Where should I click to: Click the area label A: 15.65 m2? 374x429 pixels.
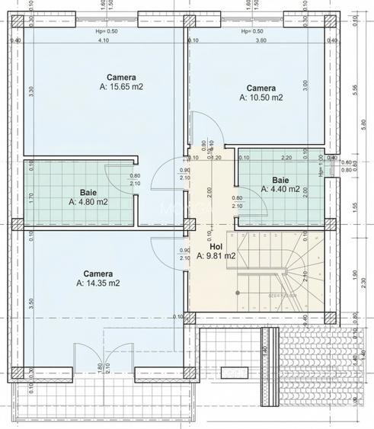(121, 87)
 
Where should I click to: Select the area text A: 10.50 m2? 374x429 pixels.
(261, 98)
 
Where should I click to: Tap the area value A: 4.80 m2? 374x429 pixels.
(88, 203)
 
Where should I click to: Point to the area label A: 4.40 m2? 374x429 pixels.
(280, 188)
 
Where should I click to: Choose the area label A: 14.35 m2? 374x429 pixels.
(98, 283)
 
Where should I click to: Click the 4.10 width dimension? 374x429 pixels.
(102, 40)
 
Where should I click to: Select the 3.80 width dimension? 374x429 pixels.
(260, 40)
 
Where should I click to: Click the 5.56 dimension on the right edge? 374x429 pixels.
(354, 88)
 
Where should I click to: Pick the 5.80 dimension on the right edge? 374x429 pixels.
(365, 122)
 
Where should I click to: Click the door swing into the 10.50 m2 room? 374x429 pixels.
(202, 126)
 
